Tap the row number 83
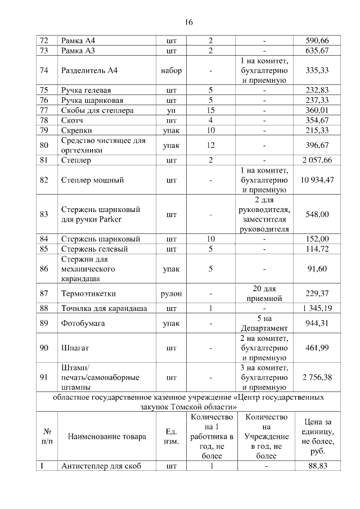coord(45,214)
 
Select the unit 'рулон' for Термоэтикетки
coord(171,293)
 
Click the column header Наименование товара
coord(107,436)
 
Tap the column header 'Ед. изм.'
coord(171,436)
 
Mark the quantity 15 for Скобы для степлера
coord(211,110)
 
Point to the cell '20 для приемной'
coord(263,293)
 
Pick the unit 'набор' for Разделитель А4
coord(171,71)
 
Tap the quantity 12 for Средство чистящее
coord(211,146)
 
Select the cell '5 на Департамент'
coord(263,324)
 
